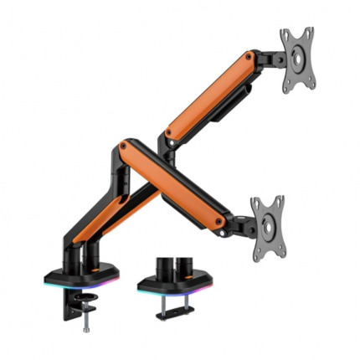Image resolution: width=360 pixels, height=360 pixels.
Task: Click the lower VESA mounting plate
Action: (x=267, y=222)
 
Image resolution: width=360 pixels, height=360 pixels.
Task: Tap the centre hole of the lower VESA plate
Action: (x=268, y=223)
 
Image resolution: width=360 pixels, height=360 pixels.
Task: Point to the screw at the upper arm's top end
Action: (x=249, y=57)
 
